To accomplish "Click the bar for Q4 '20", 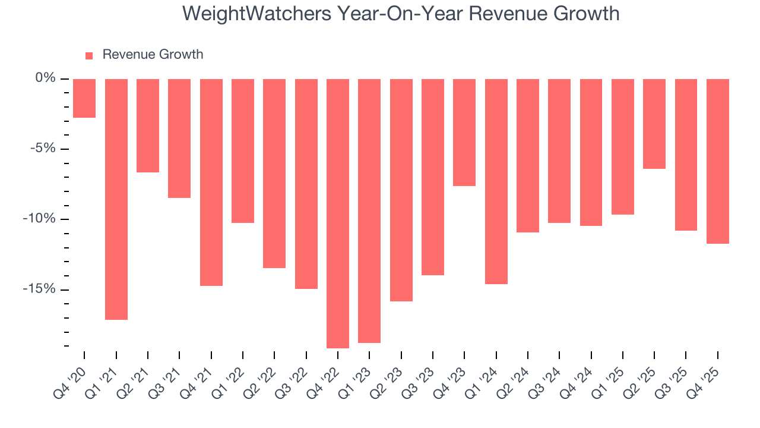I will pos(84,98).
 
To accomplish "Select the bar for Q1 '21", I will pos(116,199).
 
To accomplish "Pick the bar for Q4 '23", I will pos(464,132).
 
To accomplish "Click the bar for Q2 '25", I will pos(654,124).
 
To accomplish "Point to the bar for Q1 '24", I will pos(496,181).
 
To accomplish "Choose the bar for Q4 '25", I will pos(718,161).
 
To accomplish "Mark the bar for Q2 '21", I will pos(148,125).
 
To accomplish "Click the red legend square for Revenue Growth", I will pos(89,56).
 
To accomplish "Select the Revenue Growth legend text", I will pos(153,55).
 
